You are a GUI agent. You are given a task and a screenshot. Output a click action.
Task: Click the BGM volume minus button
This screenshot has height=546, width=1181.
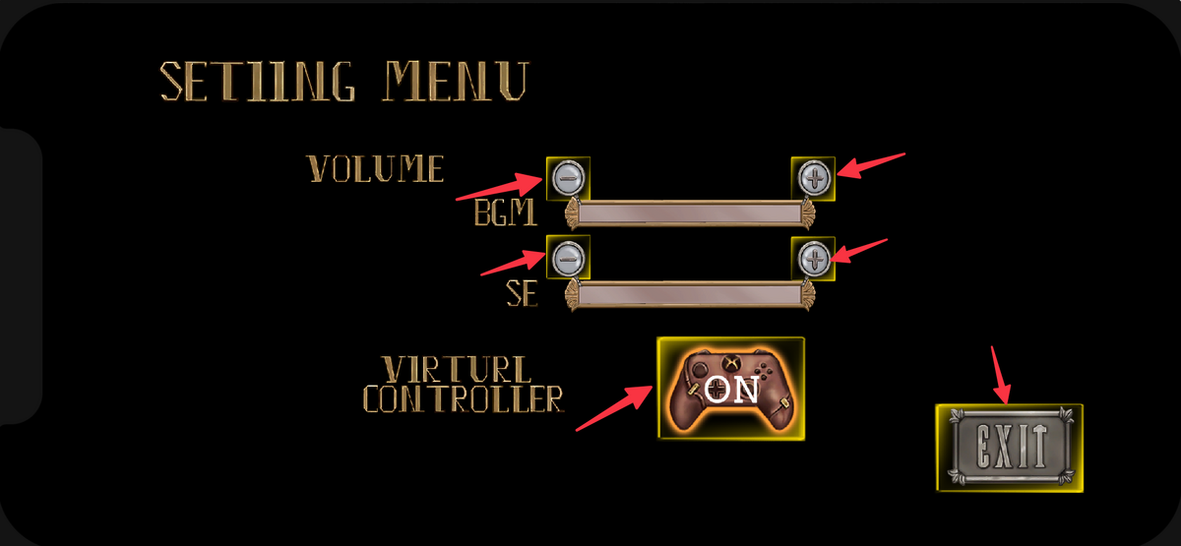tap(567, 178)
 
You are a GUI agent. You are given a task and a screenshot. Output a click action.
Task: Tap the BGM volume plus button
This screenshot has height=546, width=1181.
tap(813, 178)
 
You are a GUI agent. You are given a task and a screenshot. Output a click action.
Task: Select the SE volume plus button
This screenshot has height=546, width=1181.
tap(813, 259)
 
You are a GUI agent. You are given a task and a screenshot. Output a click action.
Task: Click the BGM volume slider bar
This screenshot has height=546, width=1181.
tap(689, 213)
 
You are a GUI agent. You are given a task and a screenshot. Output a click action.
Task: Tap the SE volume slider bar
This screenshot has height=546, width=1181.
tap(689, 294)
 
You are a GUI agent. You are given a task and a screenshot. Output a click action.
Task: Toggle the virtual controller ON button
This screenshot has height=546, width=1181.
tap(730, 388)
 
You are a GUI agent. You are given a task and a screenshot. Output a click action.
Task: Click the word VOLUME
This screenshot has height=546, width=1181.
tap(376, 169)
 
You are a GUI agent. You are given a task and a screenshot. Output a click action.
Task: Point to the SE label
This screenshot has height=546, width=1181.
tap(522, 293)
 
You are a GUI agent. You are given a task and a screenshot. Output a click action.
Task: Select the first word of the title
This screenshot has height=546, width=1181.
tap(259, 81)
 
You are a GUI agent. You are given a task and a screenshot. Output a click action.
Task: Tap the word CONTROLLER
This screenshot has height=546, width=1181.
tap(464, 398)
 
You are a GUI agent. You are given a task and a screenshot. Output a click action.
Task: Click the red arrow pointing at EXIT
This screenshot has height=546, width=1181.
tap(1000, 375)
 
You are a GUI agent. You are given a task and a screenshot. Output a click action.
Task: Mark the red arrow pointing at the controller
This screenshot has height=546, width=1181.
tap(612, 407)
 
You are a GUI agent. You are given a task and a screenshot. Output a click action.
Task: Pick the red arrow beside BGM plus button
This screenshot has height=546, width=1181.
tap(870, 164)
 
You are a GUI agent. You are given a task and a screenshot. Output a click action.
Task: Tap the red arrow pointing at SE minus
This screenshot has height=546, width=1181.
tap(513, 262)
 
